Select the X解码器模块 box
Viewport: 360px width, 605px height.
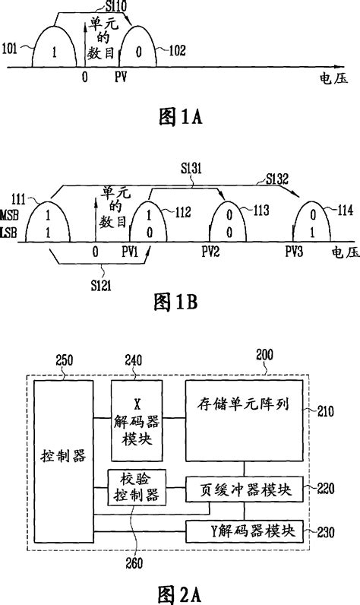tap(137, 421)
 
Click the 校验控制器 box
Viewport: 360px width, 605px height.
tap(137, 488)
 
